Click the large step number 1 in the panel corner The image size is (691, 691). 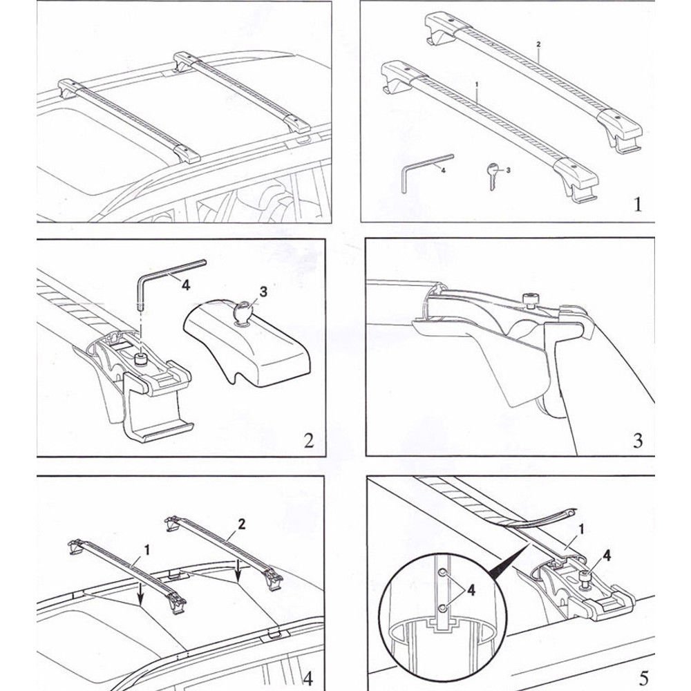pos(637,205)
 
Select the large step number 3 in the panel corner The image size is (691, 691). pos(637,439)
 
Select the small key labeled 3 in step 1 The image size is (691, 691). pos(492,173)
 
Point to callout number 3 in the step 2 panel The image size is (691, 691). pos(263,292)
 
